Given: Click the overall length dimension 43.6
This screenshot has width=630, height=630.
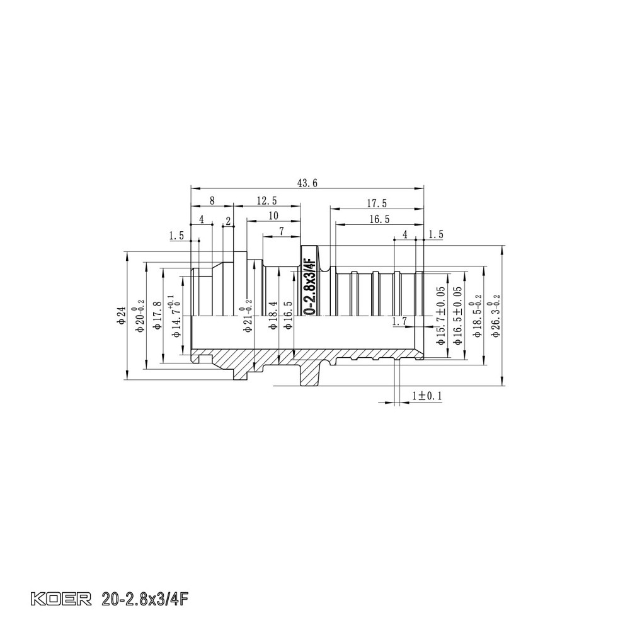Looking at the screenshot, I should click(307, 183).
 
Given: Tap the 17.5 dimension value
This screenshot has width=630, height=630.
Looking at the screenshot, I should click(376, 203).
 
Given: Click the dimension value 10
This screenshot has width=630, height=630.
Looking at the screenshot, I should click(273, 215).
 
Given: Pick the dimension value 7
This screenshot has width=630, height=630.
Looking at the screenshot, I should click(281, 231).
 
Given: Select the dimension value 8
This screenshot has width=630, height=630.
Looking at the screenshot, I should click(212, 200).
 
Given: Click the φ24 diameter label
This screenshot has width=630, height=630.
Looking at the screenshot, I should click(122, 315).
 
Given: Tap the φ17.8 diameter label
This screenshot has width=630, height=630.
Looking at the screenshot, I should click(157, 315).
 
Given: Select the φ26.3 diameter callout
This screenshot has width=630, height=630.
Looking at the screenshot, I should click(497, 315).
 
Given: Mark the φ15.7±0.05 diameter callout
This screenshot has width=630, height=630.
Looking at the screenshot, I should click(440, 315).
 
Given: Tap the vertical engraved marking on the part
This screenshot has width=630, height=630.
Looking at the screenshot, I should click(309, 287).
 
